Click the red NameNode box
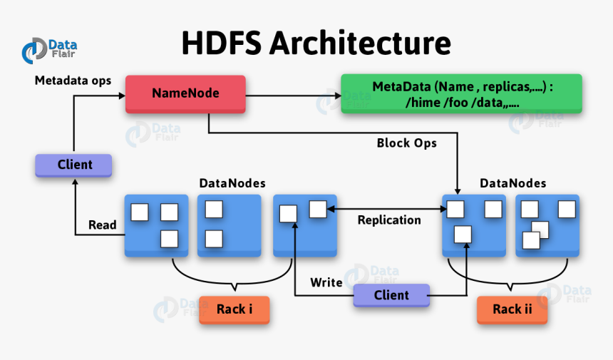tap(185, 93)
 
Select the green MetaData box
tap(461, 94)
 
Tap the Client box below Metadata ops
tap(74, 165)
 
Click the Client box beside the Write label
tap(391, 295)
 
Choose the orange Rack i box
tap(234, 309)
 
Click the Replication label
tap(388, 220)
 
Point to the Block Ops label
tap(406, 143)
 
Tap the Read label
tap(103, 225)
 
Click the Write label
tap(326, 282)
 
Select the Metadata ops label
tap(73, 81)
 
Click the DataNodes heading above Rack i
tap(232, 184)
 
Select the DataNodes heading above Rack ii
tap(512, 184)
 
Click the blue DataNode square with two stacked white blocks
tap(228, 225)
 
